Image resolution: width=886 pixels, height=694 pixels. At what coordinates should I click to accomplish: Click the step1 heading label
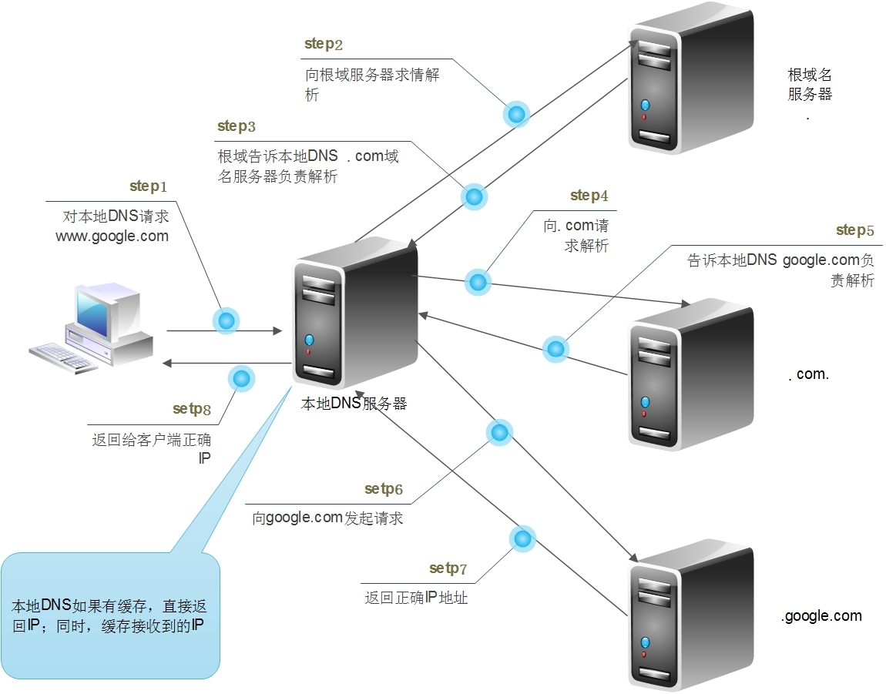[x=148, y=186]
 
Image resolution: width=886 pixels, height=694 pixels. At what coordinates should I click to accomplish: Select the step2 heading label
[x=324, y=44]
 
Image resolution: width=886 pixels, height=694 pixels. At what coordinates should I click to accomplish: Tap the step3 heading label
[x=236, y=126]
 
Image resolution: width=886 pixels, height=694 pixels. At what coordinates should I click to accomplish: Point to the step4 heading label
[x=589, y=196]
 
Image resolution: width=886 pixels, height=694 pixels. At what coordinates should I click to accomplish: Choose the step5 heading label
[x=855, y=230]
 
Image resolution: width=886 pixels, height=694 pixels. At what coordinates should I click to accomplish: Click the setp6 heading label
[x=384, y=489]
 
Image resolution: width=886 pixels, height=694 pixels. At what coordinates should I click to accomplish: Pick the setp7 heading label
[x=448, y=569]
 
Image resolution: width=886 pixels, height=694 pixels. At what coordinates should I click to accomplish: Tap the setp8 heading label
[x=192, y=409]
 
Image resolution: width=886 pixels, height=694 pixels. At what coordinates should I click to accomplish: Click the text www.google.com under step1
[x=112, y=236]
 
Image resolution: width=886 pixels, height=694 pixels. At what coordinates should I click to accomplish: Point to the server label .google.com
[x=821, y=615]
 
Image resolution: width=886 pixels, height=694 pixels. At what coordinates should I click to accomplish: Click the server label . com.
[x=809, y=375]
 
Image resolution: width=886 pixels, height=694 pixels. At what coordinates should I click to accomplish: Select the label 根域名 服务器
[x=810, y=85]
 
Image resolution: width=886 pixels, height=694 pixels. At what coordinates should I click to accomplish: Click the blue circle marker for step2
[x=516, y=115]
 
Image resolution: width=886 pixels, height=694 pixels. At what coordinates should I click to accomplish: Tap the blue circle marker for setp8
[x=241, y=378]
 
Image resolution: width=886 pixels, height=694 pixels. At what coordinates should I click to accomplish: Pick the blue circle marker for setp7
[x=522, y=538]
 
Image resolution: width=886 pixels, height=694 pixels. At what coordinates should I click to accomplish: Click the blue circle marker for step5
[x=555, y=349]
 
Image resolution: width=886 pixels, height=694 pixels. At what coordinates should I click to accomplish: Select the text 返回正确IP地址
[x=416, y=597]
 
